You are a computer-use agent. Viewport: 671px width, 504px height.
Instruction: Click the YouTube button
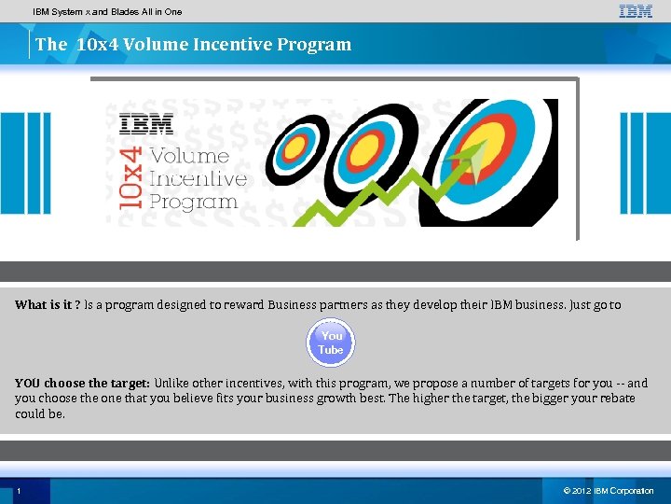(331, 343)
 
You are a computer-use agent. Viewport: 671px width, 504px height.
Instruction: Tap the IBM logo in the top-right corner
(636, 11)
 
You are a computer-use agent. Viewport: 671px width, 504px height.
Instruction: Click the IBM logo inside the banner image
(146, 123)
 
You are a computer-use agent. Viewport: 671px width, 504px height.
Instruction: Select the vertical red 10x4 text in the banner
(131, 176)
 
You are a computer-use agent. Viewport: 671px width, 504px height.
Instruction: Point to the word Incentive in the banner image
(198, 178)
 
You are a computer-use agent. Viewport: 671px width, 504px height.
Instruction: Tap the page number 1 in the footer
(19, 491)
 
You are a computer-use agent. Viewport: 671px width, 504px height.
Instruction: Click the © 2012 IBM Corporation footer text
(609, 491)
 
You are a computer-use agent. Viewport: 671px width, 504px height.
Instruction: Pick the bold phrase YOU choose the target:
(82, 383)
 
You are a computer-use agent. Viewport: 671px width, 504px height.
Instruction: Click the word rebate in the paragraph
(614, 398)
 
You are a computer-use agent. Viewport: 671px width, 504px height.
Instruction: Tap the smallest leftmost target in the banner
(296, 146)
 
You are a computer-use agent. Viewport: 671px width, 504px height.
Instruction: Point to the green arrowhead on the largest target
(476, 159)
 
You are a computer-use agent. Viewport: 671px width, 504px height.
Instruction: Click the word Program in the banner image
(193, 202)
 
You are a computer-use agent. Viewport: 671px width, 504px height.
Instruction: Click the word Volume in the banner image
(189, 156)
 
